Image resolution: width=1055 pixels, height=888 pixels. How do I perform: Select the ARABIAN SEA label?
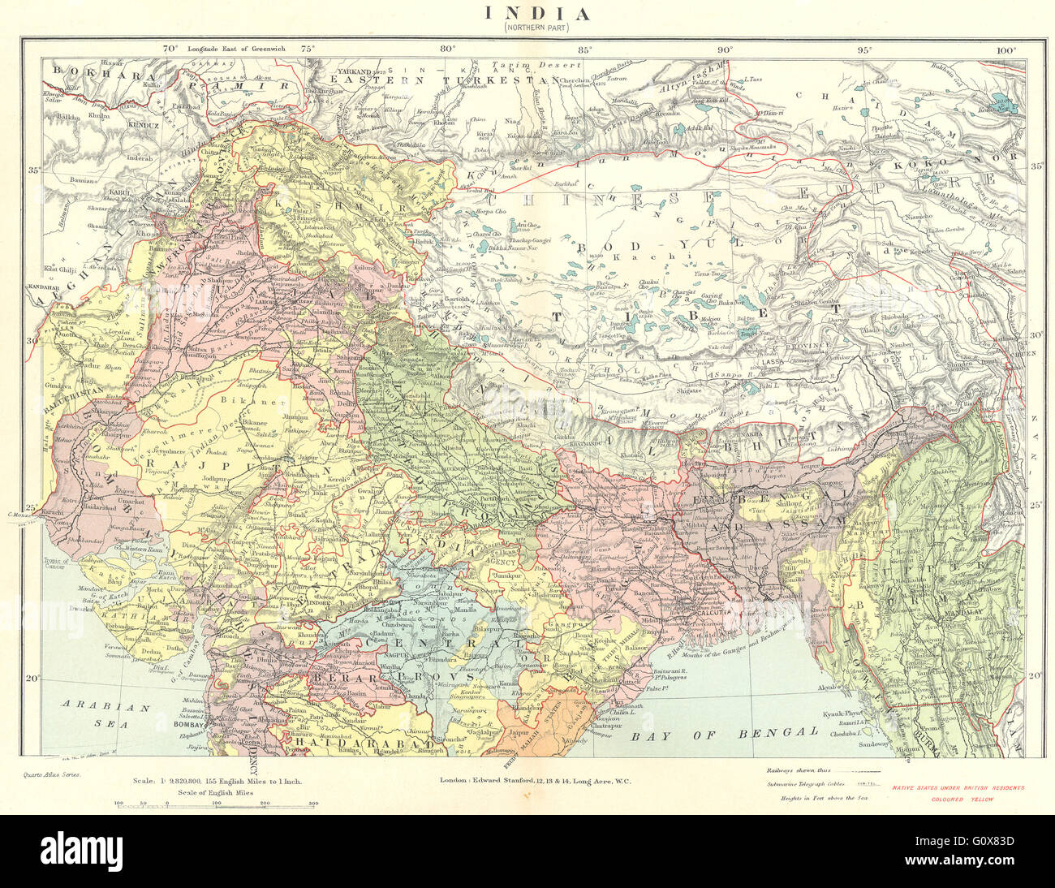click(x=107, y=714)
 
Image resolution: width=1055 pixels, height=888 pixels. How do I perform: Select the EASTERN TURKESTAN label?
click(x=444, y=80)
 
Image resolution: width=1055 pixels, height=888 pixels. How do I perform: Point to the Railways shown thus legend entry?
click(x=822, y=769)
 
